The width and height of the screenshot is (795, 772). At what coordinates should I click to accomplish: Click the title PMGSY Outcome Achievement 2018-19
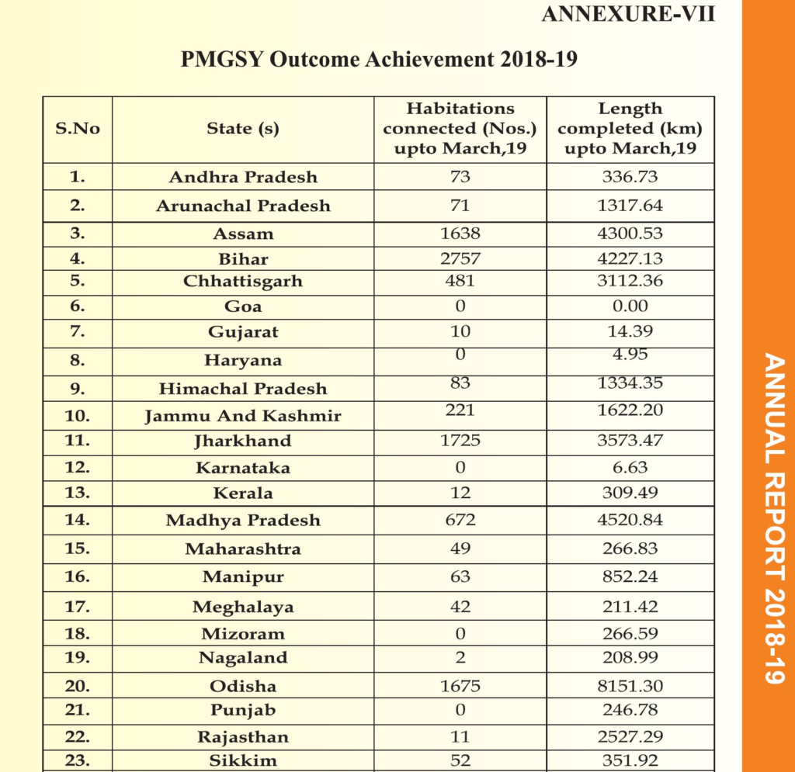point(379,60)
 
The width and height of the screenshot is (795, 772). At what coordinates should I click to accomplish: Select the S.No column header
point(78,129)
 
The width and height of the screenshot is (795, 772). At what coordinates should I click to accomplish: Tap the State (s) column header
point(243,129)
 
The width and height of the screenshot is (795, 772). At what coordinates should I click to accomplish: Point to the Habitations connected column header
point(460,129)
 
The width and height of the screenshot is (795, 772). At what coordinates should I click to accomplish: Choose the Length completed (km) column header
point(630,129)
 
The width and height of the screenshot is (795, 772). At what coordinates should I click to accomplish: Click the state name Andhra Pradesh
point(243,177)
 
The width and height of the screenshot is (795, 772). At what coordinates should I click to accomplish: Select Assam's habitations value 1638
point(460,234)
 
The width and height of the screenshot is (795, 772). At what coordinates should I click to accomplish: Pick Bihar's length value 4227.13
point(630,258)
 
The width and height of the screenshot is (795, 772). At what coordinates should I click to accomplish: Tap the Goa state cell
point(243,306)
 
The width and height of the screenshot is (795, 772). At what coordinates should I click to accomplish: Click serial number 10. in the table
point(78,415)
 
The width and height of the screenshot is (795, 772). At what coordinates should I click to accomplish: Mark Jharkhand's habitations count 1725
point(460,441)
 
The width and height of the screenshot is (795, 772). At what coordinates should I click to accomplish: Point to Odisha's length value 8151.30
point(630,686)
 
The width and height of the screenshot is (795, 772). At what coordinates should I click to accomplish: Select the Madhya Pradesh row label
point(243,520)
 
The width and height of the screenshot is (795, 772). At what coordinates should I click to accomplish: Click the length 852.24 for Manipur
point(630,576)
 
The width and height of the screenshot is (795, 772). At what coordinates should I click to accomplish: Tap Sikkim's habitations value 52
point(460,760)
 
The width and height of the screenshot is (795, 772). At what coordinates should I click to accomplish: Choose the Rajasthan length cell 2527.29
point(630,736)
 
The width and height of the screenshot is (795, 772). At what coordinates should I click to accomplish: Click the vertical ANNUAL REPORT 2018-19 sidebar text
point(771,518)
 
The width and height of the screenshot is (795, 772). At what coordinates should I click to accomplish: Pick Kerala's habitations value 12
point(460,493)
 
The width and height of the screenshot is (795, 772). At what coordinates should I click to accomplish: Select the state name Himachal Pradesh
point(243,389)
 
